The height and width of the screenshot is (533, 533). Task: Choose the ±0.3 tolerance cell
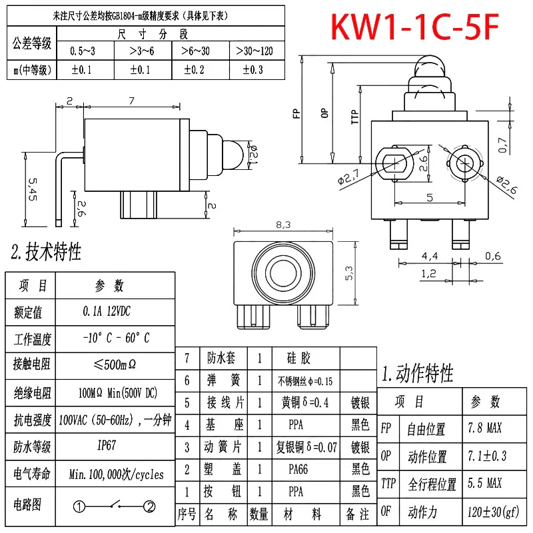pos(256,69)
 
